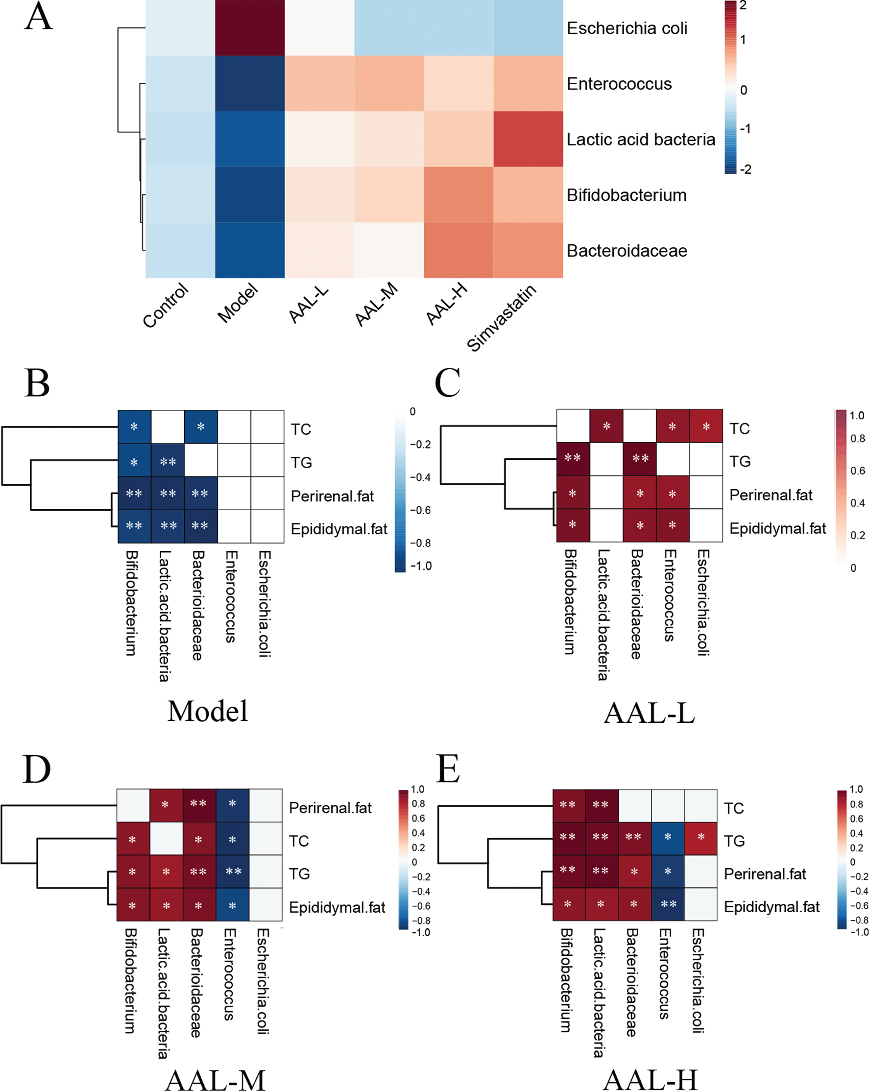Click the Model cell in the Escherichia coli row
(x=249, y=28)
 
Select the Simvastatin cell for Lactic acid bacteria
(x=528, y=139)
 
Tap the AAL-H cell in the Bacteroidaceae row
(x=459, y=251)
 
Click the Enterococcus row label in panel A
(x=619, y=84)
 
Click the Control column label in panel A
(x=166, y=306)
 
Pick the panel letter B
(x=37, y=383)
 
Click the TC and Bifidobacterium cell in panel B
(x=134, y=427)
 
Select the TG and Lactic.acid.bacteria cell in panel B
(x=168, y=460)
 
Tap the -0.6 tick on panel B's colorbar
(x=420, y=510)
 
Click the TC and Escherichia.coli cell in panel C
(x=706, y=427)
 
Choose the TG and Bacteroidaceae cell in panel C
(x=640, y=459)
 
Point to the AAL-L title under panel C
(x=650, y=713)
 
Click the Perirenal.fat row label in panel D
(x=330, y=808)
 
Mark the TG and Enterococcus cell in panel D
(x=232, y=872)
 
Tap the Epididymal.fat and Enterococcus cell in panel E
(x=668, y=904)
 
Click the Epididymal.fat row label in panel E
(x=772, y=907)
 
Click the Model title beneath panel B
(x=208, y=712)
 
